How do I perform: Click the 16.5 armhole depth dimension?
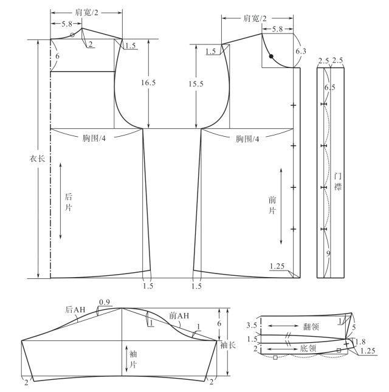click(148, 83)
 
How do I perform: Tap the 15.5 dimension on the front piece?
click(196, 84)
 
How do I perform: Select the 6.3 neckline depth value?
click(301, 51)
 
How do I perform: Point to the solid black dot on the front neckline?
click(271, 57)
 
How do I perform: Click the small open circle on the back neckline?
click(72, 35)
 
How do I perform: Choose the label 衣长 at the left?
click(37, 159)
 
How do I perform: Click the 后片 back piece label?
click(68, 202)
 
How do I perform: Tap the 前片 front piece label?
click(272, 205)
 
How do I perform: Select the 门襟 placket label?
click(338, 182)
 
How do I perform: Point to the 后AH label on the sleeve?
click(75, 310)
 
